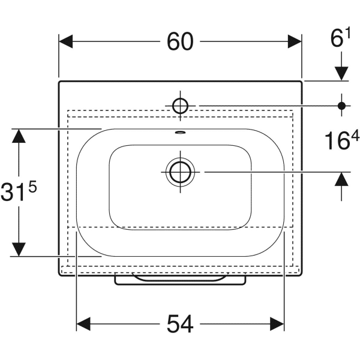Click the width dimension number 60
coord(180,41)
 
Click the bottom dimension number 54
coord(180,325)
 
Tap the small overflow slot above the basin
coord(180,133)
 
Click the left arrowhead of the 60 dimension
coord(65,41)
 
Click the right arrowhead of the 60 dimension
coord(295,41)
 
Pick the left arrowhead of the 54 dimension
coord(83,325)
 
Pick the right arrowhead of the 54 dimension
coord(277,325)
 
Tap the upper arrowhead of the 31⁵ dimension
coord(20,136)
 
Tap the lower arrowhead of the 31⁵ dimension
coord(20,249)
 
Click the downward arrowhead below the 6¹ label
coord(341,73)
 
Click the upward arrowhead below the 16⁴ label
coord(341,179)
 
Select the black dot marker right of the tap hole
coord(341,106)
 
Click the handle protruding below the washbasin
coord(180,280)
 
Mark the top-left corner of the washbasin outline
coord(59,81)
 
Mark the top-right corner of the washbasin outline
coord(301,81)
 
